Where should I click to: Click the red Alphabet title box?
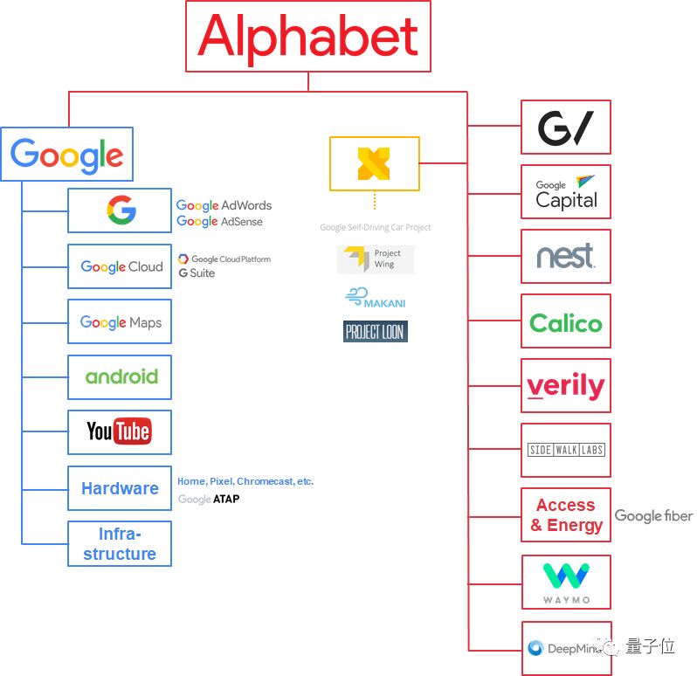(307, 36)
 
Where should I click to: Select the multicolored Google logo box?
(66, 155)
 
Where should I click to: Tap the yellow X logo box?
(374, 163)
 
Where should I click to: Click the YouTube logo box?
(120, 431)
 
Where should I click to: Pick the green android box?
(120, 377)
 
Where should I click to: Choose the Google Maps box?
(120, 322)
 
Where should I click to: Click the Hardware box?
(120, 488)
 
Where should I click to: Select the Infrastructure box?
(120, 543)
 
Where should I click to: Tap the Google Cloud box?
(120, 266)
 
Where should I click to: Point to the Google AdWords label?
(224, 205)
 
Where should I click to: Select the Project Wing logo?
(376, 259)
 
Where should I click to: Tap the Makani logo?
(376, 298)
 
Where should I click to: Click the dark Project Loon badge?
(375, 332)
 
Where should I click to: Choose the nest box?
(565, 257)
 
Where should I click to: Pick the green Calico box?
(565, 321)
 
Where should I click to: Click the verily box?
(565, 386)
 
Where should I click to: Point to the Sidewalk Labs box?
(565, 451)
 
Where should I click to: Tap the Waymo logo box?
(565, 582)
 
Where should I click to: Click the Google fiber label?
(653, 516)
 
